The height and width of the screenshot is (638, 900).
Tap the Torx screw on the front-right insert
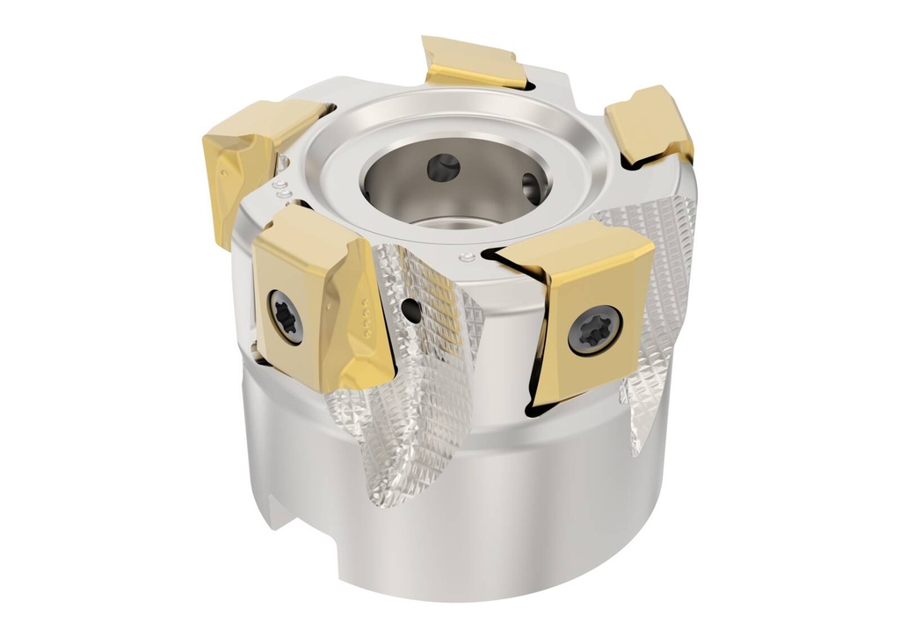tap(595, 330)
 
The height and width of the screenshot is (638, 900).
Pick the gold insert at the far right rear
tap(650, 125)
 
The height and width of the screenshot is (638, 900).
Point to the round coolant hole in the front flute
tap(410, 308)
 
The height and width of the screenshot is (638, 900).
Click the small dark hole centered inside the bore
tap(443, 167)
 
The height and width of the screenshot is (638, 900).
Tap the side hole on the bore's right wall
tap(531, 187)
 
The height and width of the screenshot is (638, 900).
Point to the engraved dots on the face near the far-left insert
tap(282, 188)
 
